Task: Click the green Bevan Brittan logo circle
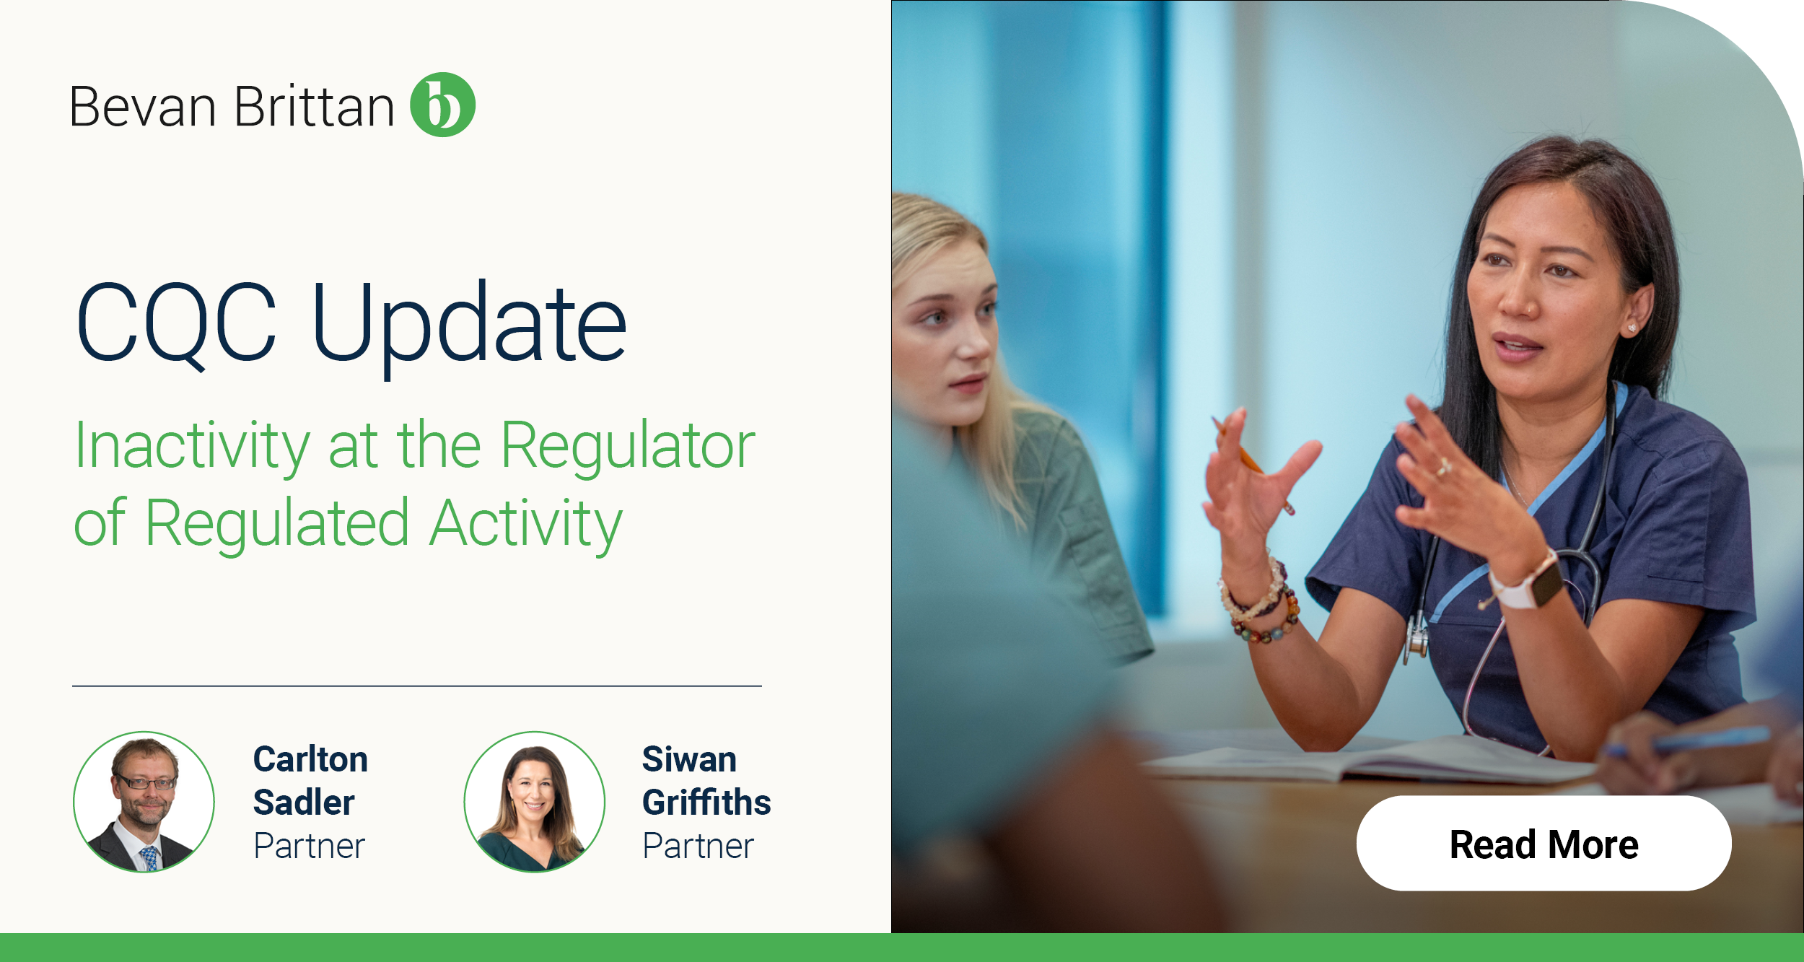point(442,105)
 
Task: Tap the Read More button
point(1544,844)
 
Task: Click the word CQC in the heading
point(176,322)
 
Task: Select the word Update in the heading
point(469,325)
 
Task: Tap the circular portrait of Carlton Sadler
point(144,802)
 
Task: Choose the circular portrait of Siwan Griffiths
point(534,802)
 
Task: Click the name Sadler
point(304,803)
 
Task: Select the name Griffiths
point(706,803)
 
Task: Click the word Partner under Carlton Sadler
point(310,846)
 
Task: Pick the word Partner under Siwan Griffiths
point(699,846)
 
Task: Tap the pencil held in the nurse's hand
point(1252,462)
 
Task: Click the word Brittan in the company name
point(314,107)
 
